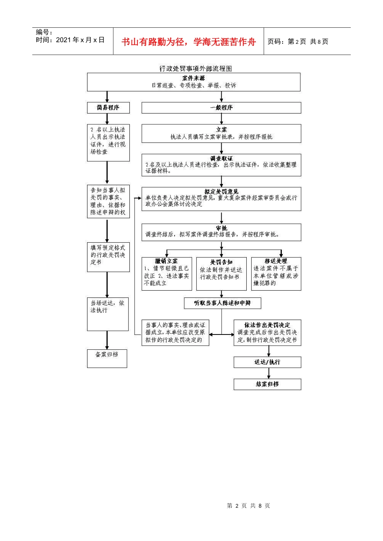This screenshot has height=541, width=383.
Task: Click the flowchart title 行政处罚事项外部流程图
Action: tap(195, 69)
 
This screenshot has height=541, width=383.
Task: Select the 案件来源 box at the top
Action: tap(194, 82)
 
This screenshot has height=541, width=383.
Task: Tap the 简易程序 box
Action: tap(108, 107)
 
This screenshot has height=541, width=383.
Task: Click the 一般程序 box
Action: tap(221, 107)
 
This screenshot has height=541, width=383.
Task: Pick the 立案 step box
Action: tap(221, 133)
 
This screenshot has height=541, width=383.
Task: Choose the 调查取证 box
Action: tap(221, 165)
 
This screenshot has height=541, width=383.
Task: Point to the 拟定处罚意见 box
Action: tap(221, 198)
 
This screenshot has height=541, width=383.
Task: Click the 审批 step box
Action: tap(221, 232)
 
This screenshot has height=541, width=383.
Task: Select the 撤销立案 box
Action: tap(167, 273)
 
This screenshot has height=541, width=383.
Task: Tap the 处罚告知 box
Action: tap(221, 273)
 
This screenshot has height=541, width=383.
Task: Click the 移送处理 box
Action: tap(276, 273)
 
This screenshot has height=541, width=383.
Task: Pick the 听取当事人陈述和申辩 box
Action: tap(222, 303)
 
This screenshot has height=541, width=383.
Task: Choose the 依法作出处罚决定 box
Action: tap(267, 332)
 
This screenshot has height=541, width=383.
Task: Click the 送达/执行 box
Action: tap(267, 362)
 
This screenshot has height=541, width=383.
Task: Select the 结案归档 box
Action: tap(267, 384)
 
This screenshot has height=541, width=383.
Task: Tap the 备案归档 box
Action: tap(107, 358)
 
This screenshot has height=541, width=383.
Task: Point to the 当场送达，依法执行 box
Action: tap(108, 314)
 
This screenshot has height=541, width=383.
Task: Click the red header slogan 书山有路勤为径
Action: tap(188, 42)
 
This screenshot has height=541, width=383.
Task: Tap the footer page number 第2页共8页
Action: tap(248, 506)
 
